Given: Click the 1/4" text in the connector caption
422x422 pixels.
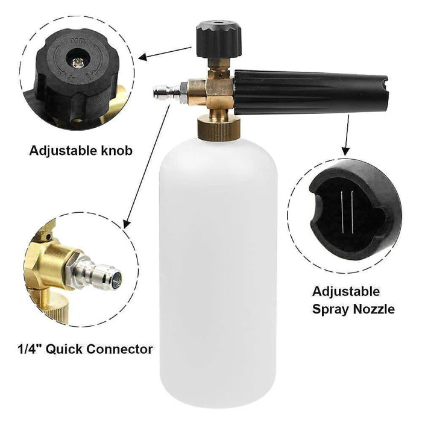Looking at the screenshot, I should pyautogui.click(x=31, y=348).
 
